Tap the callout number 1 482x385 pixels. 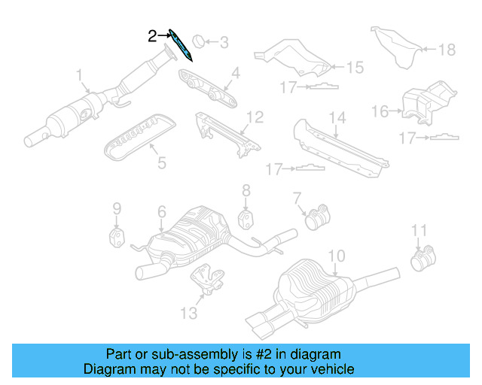tap(79, 75)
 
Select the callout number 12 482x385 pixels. tap(255, 117)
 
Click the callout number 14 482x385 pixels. tap(337, 117)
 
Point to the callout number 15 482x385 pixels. tap(354, 67)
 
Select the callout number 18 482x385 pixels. tap(447, 50)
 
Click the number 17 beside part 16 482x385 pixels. tap(407, 137)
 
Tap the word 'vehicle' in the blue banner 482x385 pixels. tap(333, 369)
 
